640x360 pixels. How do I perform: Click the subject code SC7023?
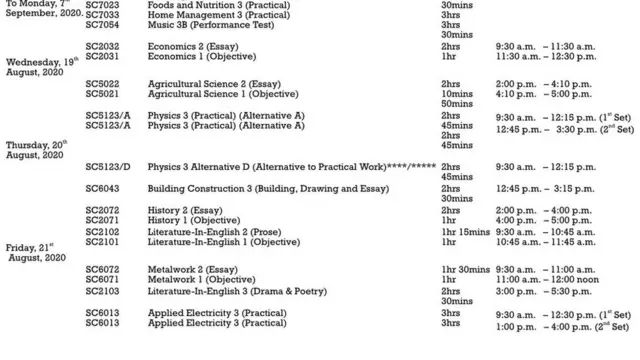coord(102,5)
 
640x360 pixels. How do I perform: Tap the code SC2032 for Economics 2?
coord(102,47)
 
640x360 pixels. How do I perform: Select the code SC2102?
coord(102,231)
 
